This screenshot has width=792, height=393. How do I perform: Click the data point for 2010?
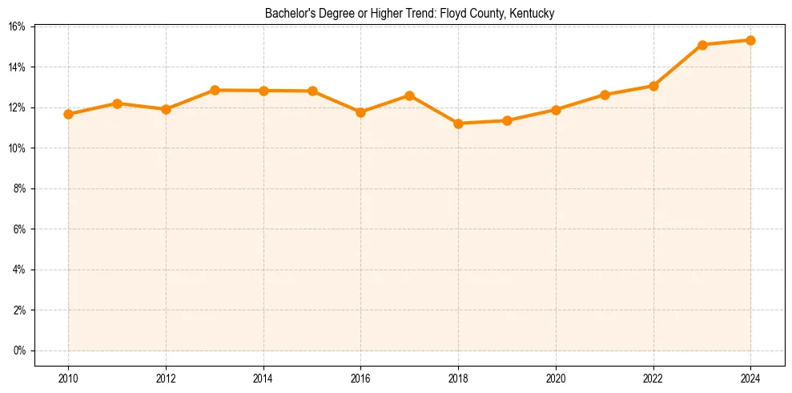(x=68, y=114)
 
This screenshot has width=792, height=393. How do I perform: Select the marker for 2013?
(x=215, y=90)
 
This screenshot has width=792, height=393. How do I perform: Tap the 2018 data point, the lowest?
(x=458, y=124)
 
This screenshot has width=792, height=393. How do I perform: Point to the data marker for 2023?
(x=702, y=45)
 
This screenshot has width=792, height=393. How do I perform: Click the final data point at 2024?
(x=750, y=40)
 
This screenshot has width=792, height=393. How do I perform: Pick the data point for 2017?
(x=409, y=95)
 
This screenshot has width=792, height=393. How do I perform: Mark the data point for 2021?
(x=605, y=95)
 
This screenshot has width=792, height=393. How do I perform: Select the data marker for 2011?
(x=117, y=103)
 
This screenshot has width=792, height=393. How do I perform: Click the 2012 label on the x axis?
(x=166, y=378)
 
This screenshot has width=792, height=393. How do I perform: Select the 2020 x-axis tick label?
(x=556, y=378)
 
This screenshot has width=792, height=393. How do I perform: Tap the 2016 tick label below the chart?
(x=360, y=378)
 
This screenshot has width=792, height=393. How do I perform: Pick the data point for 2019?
(x=507, y=120)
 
